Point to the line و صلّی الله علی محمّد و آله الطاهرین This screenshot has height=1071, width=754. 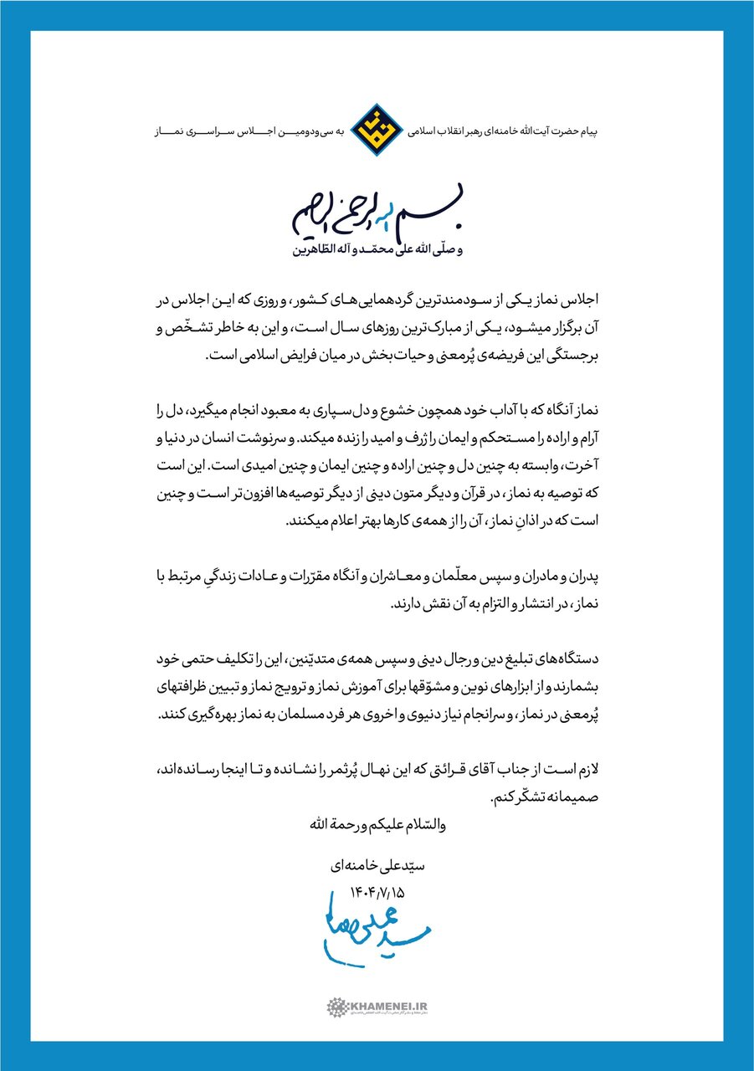click(377, 249)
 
